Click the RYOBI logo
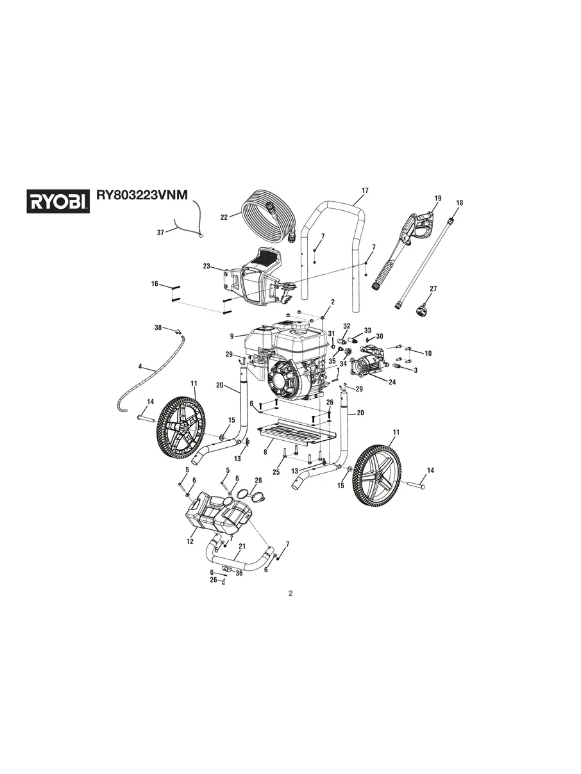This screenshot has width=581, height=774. pos(57,201)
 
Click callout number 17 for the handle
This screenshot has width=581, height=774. pos(365,191)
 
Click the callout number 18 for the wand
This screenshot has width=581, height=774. pos(459,203)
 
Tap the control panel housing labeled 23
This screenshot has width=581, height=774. pos(257,276)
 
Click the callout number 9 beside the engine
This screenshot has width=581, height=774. pos(231,334)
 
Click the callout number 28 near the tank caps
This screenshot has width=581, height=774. pos(258,480)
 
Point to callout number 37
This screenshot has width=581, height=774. pos(161,233)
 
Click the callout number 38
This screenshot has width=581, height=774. pos(158,327)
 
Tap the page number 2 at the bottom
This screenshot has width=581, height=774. pos(290,593)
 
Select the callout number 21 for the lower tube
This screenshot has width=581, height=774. pos(242,547)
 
